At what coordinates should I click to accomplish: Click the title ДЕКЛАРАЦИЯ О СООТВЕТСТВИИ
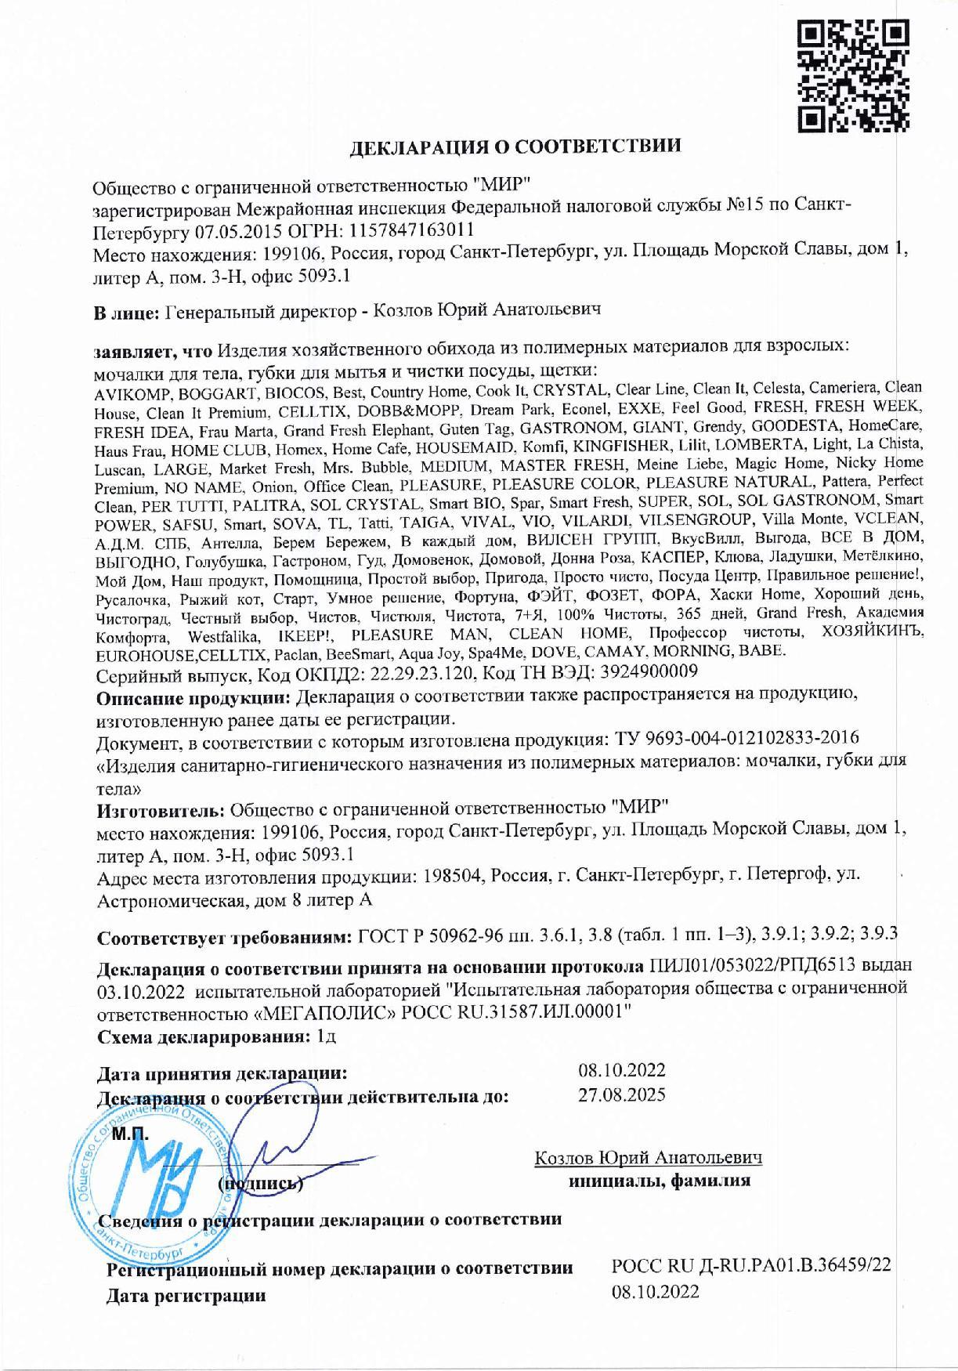[x=515, y=146]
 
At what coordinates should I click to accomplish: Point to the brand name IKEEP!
[x=306, y=635]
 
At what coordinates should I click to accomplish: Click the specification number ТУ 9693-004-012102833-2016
[x=730, y=738]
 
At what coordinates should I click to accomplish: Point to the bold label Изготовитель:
[x=162, y=807]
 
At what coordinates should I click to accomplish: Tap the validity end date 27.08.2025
[x=621, y=1094]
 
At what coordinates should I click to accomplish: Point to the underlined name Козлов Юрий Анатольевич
[x=648, y=1158]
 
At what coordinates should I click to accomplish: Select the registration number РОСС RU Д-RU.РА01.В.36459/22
[x=751, y=1266]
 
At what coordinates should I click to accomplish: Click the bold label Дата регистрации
[x=186, y=1296]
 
